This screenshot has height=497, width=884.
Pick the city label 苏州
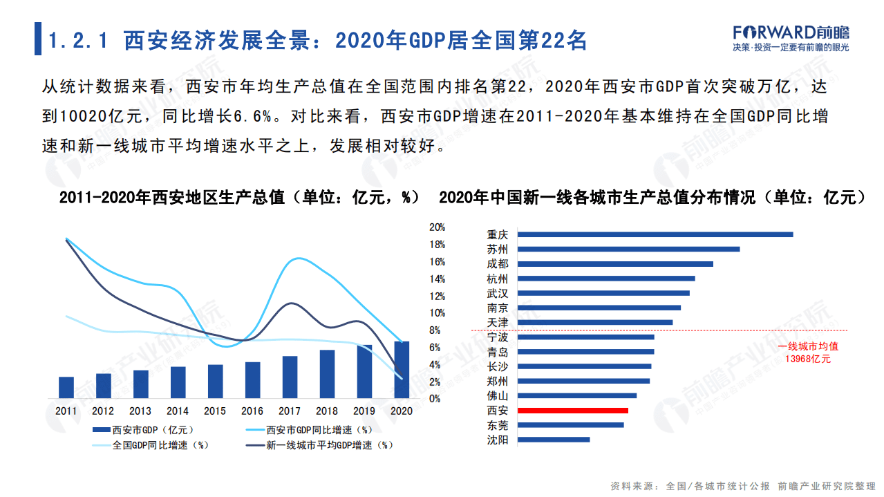(497, 250)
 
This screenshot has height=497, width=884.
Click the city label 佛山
(497, 396)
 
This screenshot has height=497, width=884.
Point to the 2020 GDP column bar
(402, 370)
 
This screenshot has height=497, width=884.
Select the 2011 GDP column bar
(66, 388)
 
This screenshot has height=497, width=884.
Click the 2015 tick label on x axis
(215, 411)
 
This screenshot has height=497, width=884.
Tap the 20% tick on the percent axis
(437, 227)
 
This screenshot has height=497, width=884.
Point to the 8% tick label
(435, 330)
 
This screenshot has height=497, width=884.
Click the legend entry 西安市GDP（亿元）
(146, 430)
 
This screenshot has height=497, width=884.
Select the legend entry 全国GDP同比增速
(152, 446)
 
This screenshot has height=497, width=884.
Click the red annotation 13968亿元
(807, 359)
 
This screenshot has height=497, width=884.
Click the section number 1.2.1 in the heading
(77, 41)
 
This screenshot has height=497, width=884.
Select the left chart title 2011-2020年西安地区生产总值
(172, 198)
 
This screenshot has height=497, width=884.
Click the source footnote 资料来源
(634, 486)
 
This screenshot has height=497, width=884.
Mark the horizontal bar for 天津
(594, 322)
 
